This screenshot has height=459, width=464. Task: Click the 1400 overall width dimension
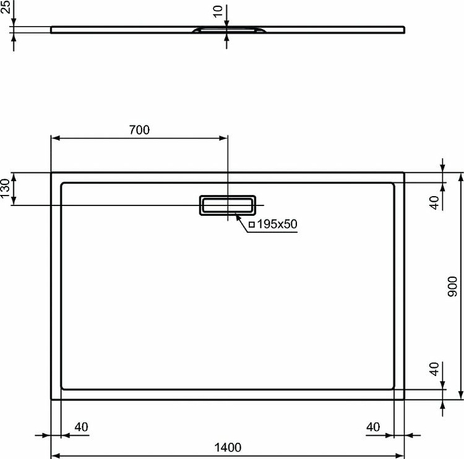point(227,447)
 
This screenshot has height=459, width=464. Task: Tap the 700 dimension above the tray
point(139,130)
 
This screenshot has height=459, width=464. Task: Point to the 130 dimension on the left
point(5,189)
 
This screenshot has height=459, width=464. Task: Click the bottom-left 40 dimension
point(81,427)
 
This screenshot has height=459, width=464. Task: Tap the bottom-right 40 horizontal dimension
point(373,427)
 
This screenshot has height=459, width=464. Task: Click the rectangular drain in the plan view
point(227,205)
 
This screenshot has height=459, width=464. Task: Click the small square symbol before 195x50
point(252,225)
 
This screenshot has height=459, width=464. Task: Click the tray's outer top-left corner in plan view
point(52,172)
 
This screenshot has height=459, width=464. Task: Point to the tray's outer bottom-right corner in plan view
point(404,400)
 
